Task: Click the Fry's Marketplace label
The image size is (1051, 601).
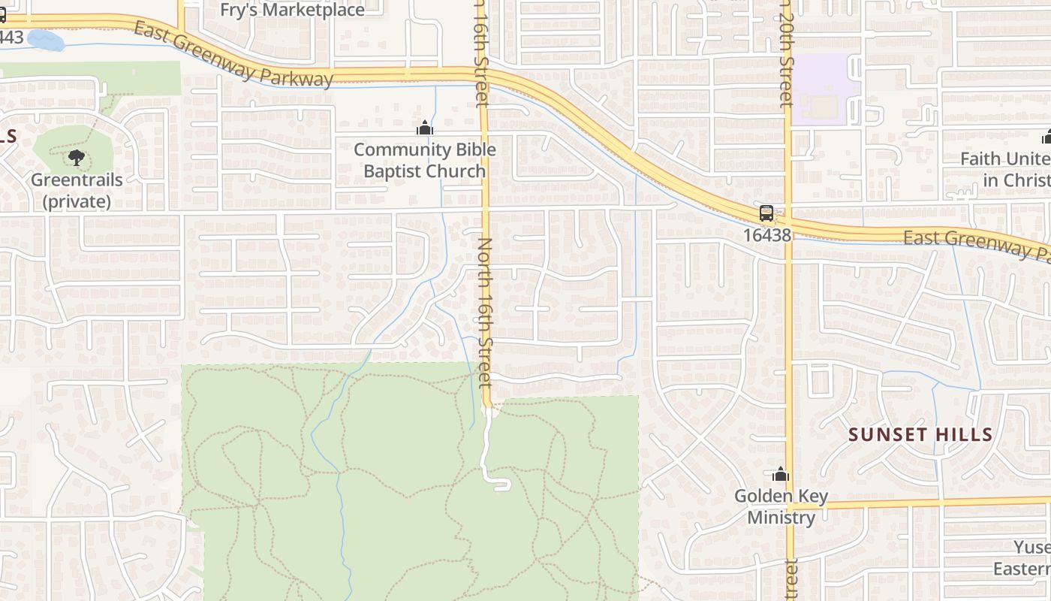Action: pyautogui.click(x=292, y=10)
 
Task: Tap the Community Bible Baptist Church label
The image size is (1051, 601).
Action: pyautogui.click(x=425, y=160)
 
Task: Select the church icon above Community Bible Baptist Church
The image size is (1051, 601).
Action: pyautogui.click(x=425, y=128)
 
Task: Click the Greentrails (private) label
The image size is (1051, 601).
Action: pyautogui.click(x=77, y=191)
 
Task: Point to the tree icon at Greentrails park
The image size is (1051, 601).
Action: pyautogui.click(x=76, y=158)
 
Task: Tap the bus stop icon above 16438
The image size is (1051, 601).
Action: pyautogui.click(x=766, y=213)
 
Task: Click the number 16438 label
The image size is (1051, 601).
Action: pyautogui.click(x=767, y=235)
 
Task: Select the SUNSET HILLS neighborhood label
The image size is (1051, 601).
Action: pyautogui.click(x=920, y=434)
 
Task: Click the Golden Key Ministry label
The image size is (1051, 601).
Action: pyautogui.click(x=781, y=506)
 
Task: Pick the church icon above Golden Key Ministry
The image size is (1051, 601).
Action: pyautogui.click(x=781, y=475)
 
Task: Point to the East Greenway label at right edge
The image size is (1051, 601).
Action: pyautogui.click(x=976, y=244)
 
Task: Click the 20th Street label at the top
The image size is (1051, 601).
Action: pyautogui.click(x=785, y=53)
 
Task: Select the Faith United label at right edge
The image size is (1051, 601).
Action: pyautogui.click(x=1006, y=169)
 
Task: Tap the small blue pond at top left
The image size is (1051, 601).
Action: pyautogui.click(x=46, y=41)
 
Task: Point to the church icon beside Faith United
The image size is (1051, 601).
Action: pyautogui.click(x=1046, y=137)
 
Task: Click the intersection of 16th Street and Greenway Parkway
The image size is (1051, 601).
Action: pyautogui.click(x=482, y=74)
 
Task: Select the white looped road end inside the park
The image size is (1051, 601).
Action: pyautogui.click(x=501, y=484)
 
